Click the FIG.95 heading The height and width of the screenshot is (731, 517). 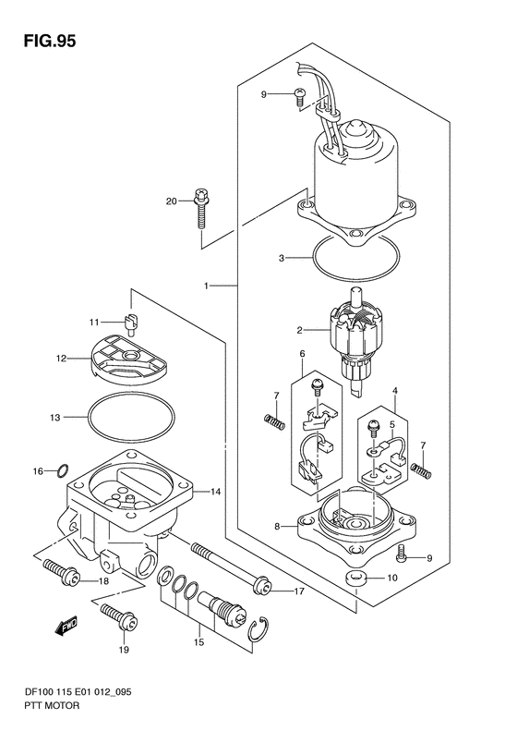click(49, 41)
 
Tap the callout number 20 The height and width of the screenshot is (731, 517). click(172, 201)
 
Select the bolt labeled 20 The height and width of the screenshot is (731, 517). click(201, 208)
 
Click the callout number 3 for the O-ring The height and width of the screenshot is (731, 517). click(282, 258)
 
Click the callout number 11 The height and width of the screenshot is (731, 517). click(94, 322)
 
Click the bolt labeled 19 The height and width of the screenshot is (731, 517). click(119, 616)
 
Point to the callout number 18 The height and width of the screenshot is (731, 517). click(103, 581)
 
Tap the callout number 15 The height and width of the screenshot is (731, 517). click(198, 642)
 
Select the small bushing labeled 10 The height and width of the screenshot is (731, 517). click(355, 579)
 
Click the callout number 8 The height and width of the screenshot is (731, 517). click(277, 527)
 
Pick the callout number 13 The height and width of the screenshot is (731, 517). click(55, 418)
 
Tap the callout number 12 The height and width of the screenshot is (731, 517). click(61, 359)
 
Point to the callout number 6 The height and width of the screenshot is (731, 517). click(302, 354)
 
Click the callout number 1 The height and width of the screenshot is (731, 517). click(206, 286)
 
